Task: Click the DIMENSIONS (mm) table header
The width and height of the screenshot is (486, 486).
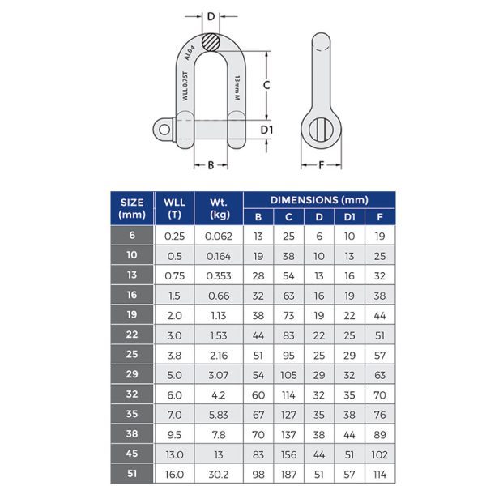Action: point(318,199)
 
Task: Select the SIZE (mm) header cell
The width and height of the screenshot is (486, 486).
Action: point(132,208)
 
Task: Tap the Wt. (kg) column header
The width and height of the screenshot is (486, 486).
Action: point(218,208)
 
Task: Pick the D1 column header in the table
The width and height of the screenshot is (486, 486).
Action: point(349,217)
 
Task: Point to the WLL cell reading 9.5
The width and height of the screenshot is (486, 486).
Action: point(174,433)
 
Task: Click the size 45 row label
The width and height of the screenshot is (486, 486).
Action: point(132,454)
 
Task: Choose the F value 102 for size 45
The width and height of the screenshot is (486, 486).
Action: point(379,454)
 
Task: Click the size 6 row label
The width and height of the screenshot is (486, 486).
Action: point(132,237)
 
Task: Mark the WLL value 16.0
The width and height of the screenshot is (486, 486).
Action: point(174,473)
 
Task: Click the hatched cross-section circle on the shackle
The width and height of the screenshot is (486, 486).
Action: point(211,40)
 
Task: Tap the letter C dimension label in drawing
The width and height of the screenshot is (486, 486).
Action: point(265,84)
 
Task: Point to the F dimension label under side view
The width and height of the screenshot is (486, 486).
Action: point(321,164)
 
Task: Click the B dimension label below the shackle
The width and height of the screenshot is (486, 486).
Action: point(211,164)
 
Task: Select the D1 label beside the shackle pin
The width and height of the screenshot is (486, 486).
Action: point(266,129)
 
